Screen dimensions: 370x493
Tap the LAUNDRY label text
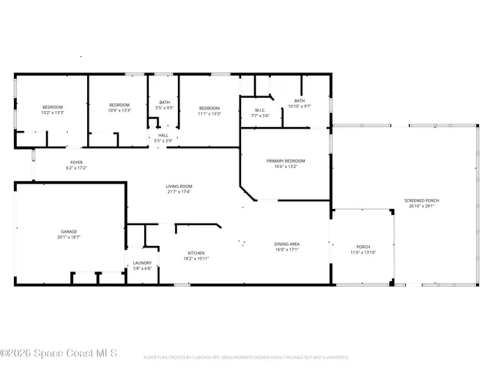click(143, 263)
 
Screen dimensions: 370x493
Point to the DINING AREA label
click(287, 244)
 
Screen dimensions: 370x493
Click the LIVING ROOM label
click(179, 186)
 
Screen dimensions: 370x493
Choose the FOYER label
click(76, 163)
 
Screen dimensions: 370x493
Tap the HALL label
click(163, 136)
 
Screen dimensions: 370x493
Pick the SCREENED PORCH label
click(421, 200)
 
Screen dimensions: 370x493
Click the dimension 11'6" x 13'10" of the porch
click(362, 252)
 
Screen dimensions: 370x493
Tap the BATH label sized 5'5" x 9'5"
click(164, 103)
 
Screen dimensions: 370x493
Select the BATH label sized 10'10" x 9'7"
click(299, 101)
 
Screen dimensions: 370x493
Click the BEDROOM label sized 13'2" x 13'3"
click(52, 106)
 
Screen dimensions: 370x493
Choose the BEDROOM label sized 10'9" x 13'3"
click(119, 105)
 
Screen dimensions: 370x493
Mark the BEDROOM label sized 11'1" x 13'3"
click(210, 108)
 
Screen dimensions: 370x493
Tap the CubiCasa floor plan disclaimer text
click(246, 358)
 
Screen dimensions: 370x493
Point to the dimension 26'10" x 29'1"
click(421, 206)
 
